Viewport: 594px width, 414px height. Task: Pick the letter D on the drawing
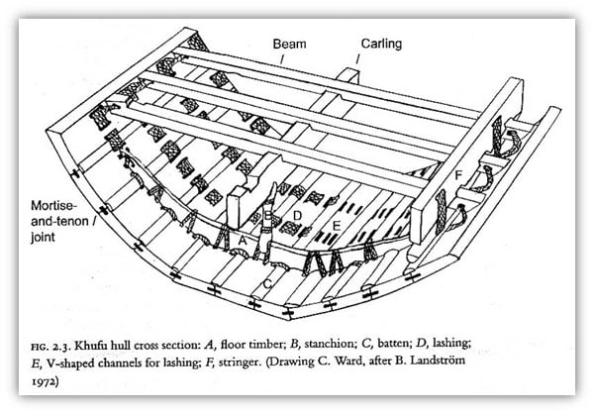[296, 214]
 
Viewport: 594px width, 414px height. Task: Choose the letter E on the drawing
[337, 227]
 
